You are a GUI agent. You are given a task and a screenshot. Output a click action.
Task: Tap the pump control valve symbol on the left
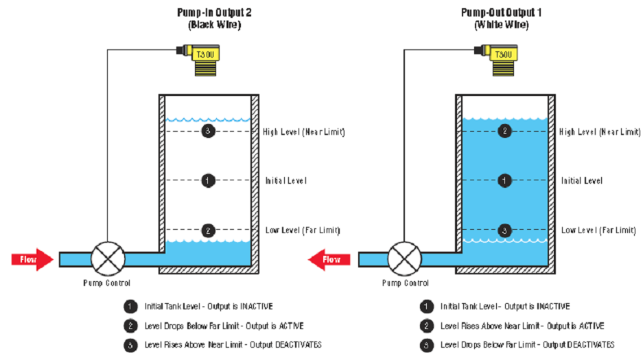point(107,259)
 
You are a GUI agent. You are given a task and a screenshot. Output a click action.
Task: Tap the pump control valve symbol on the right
point(404,259)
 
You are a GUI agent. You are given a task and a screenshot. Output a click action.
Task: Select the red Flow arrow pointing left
point(328,259)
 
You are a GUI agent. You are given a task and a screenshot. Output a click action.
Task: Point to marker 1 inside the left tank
point(209,180)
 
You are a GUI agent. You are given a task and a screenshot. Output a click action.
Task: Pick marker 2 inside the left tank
point(209,230)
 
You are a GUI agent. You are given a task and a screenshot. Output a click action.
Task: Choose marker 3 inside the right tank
point(504,230)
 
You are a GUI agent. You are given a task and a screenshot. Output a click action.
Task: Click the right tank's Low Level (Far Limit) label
point(598,230)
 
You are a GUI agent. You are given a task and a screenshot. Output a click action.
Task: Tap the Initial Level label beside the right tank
point(582,181)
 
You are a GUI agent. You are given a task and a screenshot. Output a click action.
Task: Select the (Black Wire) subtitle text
point(215,25)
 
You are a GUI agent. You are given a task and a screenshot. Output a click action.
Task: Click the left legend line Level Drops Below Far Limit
point(224,326)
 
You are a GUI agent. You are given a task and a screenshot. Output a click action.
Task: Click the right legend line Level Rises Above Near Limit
point(522,326)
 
